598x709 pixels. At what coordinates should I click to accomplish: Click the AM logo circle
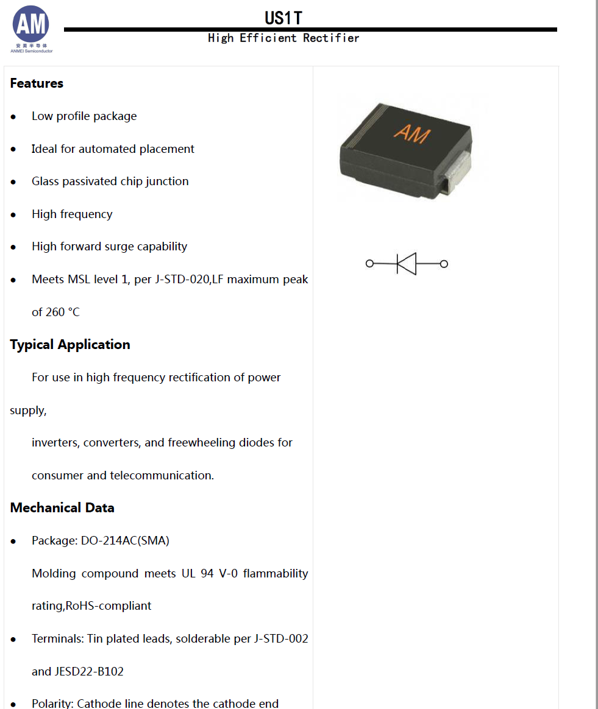pyautogui.click(x=31, y=24)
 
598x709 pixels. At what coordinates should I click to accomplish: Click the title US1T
pyautogui.click(x=283, y=18)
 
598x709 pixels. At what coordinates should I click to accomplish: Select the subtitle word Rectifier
pyautogui.click(x=331, y=38)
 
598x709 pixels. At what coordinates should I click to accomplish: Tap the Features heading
pyautogui.click(x=37, y=83)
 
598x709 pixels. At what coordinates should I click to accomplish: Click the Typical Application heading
pyautogui.click(x=70, y=344)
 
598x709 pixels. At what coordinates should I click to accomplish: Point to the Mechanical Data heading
pyautogui.click(x=62, y=507)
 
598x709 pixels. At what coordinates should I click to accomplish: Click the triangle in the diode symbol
pyautogui.click(x=406, y=264)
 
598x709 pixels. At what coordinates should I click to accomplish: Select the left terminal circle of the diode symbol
pyautogui.click(x=369, y=264)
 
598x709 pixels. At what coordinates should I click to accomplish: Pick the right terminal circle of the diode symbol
pyautogui.click(x=444, y=264)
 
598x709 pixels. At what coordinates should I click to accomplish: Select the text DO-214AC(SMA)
pyautogui.click(x=125, y=540)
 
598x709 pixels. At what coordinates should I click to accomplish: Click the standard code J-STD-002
pyautogui.click(x=281, y=638)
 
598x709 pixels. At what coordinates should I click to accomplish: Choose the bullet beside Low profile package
pyautogui.click(x=13, y=116)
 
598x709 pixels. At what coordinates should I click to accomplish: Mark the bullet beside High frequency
pyautogui.click(x=13, y=214)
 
